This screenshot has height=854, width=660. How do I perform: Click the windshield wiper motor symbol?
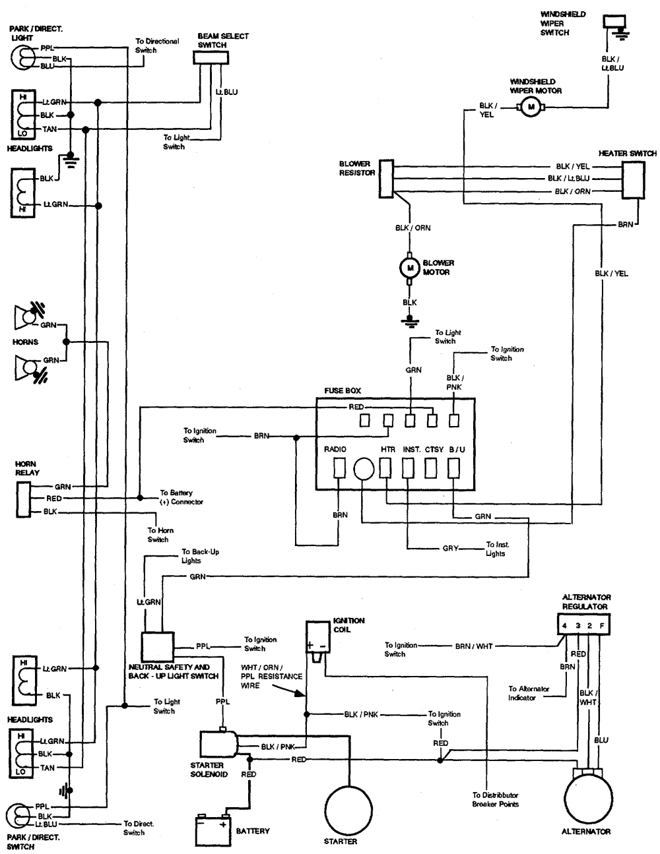click(x=530, y=108)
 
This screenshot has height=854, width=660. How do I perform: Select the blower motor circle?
click(x=409, y=268)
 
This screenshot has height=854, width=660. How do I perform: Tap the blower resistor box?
click(x=386, y=178)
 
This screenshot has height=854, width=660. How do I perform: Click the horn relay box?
click(x=23, y=499)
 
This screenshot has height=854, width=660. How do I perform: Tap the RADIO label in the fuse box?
click(x=335, y=449)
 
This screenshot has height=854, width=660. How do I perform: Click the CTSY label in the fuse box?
click(x=433, y=449)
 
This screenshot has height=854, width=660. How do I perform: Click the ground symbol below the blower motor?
click(x=410, y=321)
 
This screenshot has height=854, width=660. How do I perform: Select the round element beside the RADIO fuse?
click(x=364, y=468)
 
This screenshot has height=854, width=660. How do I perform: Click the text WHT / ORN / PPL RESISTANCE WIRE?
click(x=272, y=677)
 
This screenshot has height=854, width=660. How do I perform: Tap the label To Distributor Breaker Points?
click(x=495, y=799)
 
